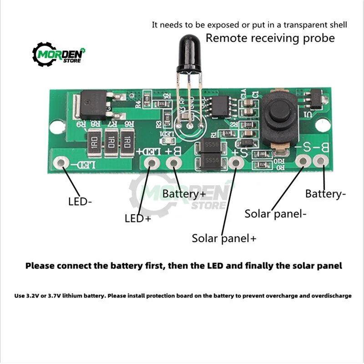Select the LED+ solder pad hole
click(x=152, y=163)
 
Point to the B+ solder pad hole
click(x=173, y=162)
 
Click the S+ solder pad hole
click(x=235, y=162)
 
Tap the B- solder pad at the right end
click(x=321, y=161)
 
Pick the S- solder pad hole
click(x=303, y=161)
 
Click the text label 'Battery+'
click(x=184, y=194)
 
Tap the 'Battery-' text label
click(x=326, y=194)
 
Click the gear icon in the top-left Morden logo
click(x=42, y=55)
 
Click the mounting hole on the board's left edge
click(x=57, y=126)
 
